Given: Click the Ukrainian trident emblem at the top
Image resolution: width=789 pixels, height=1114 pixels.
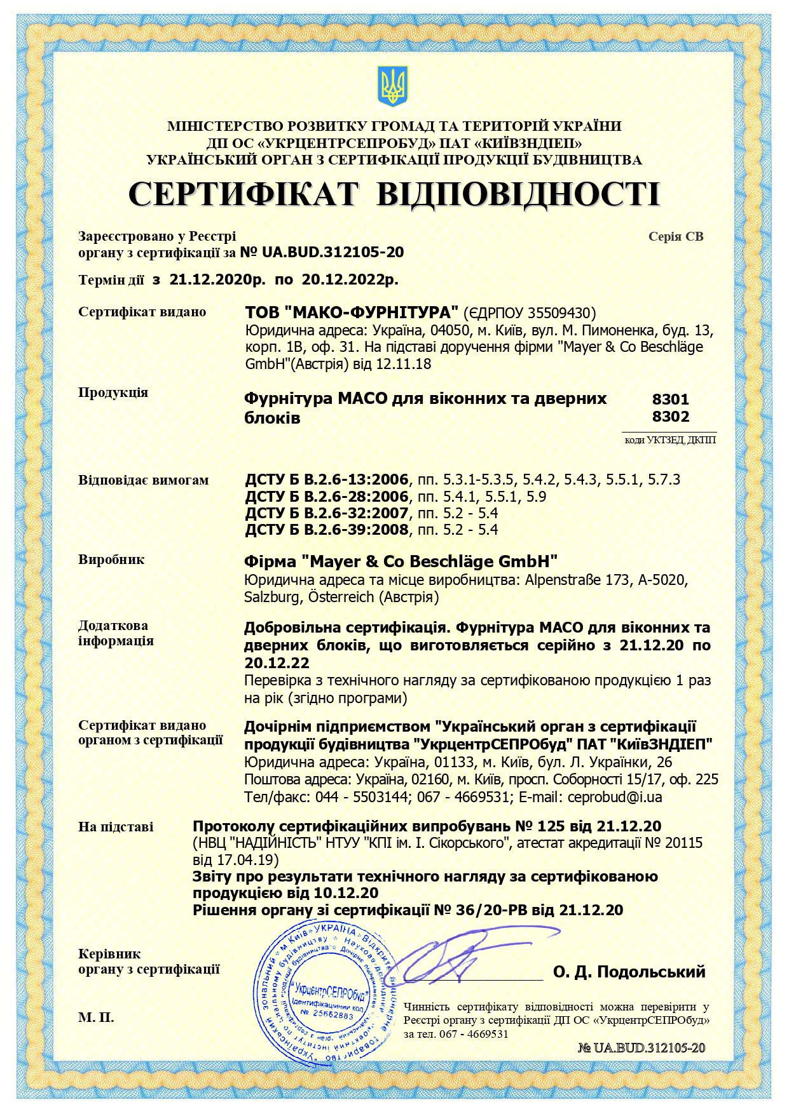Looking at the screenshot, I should click(392, 86).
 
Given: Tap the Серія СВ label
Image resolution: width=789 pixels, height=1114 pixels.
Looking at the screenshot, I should click(675, 236).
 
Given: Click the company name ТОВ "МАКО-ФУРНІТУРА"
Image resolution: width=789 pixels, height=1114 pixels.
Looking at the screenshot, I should click(352, 312).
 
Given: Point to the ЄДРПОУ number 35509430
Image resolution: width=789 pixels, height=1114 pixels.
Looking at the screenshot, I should click(563, 313).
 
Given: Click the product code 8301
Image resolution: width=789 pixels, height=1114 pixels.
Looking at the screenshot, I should click(670, 399).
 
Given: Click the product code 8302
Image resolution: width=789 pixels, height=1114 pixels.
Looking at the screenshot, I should click(670, 417).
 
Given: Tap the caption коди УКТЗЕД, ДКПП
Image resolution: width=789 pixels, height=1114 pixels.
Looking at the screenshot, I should click(670, 440).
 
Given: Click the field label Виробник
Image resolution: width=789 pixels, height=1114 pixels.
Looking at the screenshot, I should click(111, 560).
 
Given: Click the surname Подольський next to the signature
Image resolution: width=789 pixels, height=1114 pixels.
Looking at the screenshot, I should click(651, 971).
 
